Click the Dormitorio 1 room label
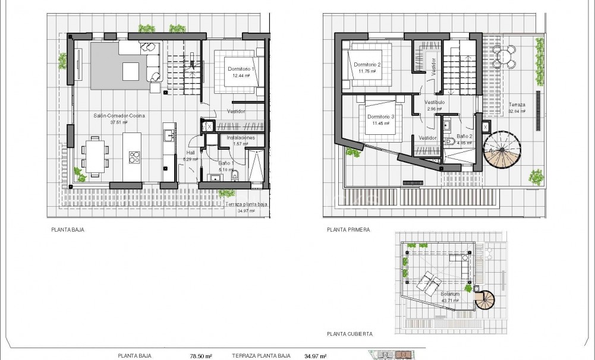point(241,69)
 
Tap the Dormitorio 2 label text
point(367,65)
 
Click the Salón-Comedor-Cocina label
point(119,116)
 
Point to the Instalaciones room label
point(241,137)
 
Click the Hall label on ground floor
point(190,153)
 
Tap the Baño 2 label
point(462,137)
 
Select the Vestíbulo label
point(435,102)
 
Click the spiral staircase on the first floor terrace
point(499,150)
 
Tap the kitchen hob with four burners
point(135,157)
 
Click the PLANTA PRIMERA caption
point(348,229)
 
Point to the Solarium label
point(450,294)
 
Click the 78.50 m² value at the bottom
point(201,356)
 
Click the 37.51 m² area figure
point(119,122)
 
